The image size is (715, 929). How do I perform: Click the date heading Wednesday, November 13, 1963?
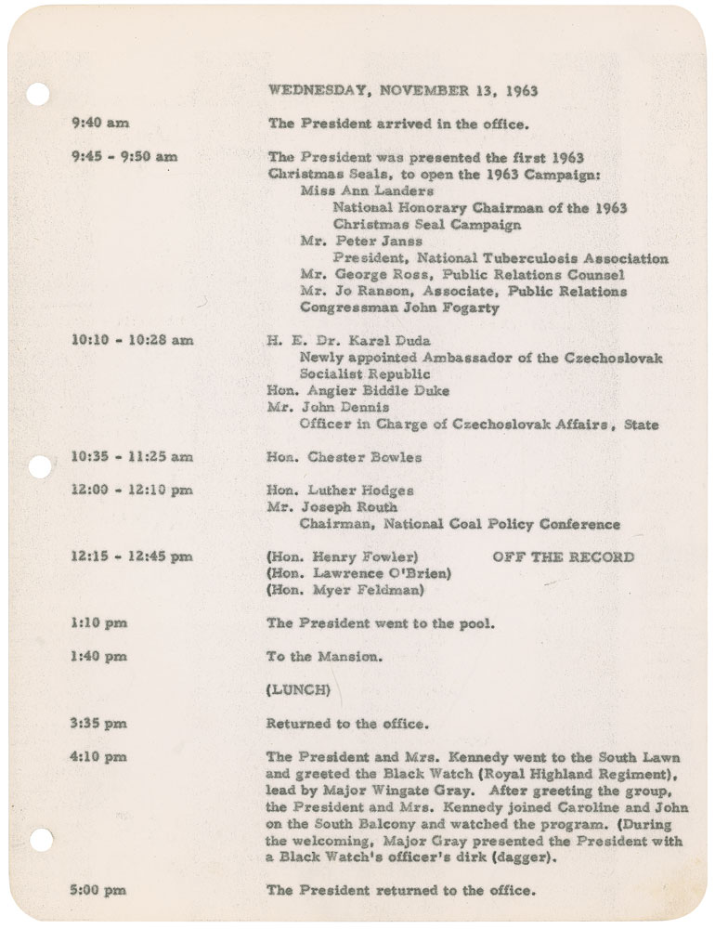(x=402, y=91)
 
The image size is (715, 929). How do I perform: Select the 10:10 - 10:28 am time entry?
(x=132, y=340)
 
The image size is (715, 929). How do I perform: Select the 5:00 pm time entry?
(x=98, y=890)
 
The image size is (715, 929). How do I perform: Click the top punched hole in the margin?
(x=36, y=95)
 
